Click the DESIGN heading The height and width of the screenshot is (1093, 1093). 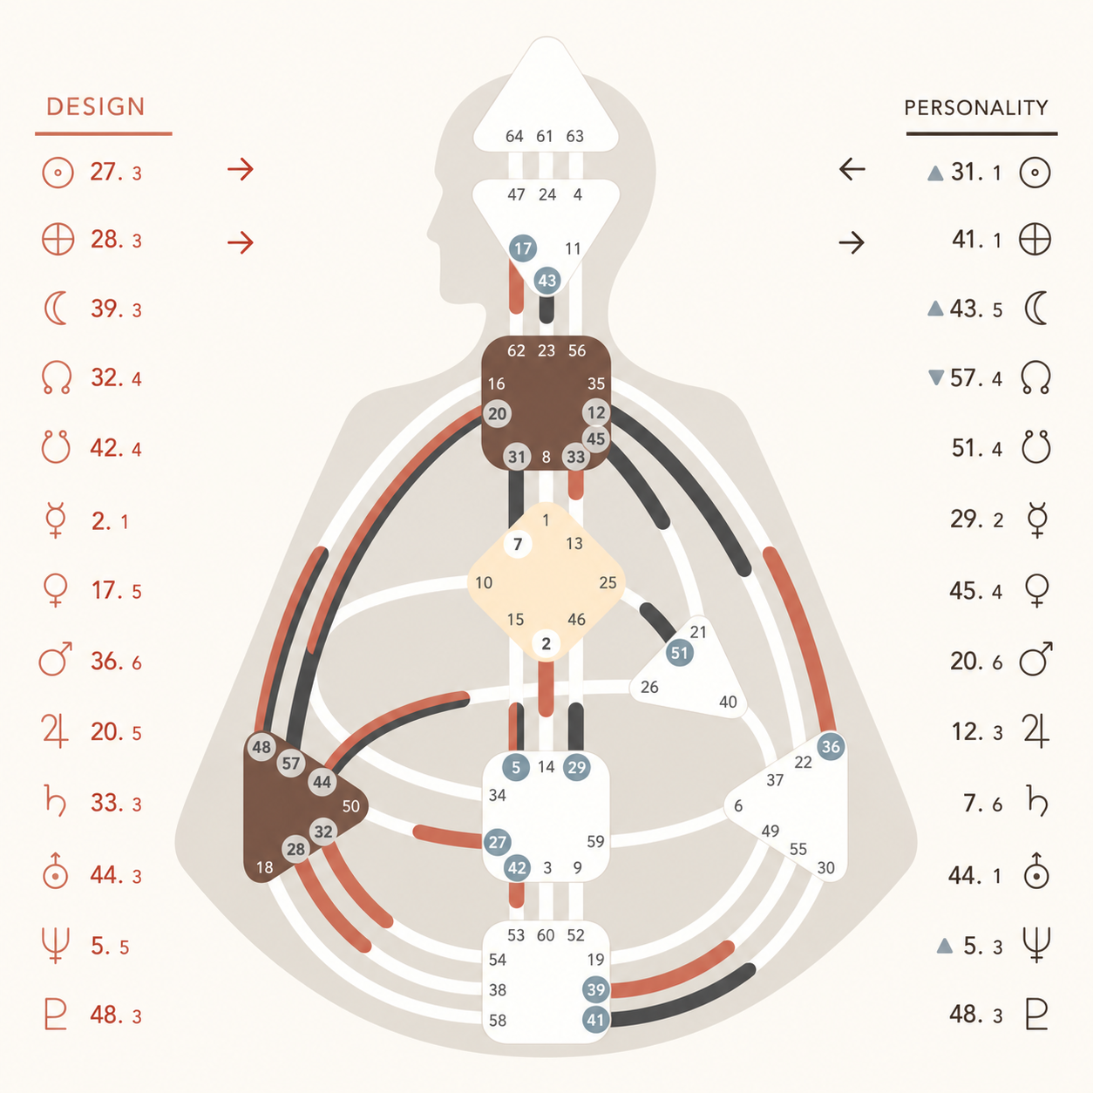click(x=95, y=106)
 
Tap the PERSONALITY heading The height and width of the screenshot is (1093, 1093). click(x=975, y=107)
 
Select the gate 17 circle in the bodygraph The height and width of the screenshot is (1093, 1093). click(x=522, y=248)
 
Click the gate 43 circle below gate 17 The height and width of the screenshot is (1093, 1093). click(x=546, y=280)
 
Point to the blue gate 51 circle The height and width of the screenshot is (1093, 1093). click(x=680, y=653)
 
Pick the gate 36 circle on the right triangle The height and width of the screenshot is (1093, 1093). click(x=831, y=746)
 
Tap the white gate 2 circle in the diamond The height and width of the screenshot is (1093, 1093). click(x=546, y=644)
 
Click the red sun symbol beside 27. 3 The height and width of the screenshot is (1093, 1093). click(x=58, y=172)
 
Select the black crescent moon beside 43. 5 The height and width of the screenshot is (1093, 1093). click(x=1036, y=309)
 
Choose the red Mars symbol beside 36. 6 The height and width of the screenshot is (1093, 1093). click(x=55, y=659)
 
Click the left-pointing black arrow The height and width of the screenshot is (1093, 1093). click(x=852, y=169)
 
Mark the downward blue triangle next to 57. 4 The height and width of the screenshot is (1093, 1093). click(x=936, y=377)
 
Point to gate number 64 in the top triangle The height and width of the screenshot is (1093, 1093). click(x=514, y=136)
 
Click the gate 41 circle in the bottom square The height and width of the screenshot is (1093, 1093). click(x=596, y=1020)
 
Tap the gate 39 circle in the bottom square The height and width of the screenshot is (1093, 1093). click(x=596, y=990)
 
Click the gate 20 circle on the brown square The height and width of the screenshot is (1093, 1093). click(x=497, y=414)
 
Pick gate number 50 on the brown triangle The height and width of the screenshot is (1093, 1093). click(x=350, y=806)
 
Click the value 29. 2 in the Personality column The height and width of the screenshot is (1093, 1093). click(x=977, y=519)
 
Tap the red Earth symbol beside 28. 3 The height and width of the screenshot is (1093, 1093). click(x=58, y=240)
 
